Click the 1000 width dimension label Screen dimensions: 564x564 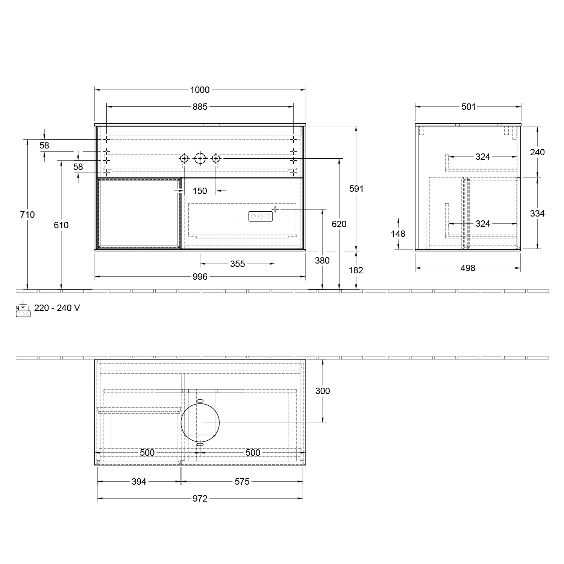coord(200,90)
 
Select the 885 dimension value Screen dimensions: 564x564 coord(200,107)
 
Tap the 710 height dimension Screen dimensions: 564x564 coord(27,214)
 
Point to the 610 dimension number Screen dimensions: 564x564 coord(61,225)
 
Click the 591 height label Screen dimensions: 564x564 coord(356,189)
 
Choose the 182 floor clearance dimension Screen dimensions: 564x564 coord(356,270)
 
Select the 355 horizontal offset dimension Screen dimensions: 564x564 coord(237,264)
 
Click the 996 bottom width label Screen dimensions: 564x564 coord(200,277)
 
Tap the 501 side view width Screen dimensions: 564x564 coord(468,107)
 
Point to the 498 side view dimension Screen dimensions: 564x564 coord(468,268)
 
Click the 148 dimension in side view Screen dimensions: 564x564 coord(398,234)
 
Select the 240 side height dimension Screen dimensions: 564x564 coord(537,152)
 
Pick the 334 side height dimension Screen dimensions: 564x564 coord(537,213)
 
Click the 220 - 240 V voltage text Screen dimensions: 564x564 coord(57,308)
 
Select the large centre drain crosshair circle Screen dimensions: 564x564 coord(200,159)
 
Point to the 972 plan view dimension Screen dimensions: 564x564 coord(200,499)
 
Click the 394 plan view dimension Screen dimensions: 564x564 coord(139,482)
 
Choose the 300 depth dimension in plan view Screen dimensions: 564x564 coord(322,391)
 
